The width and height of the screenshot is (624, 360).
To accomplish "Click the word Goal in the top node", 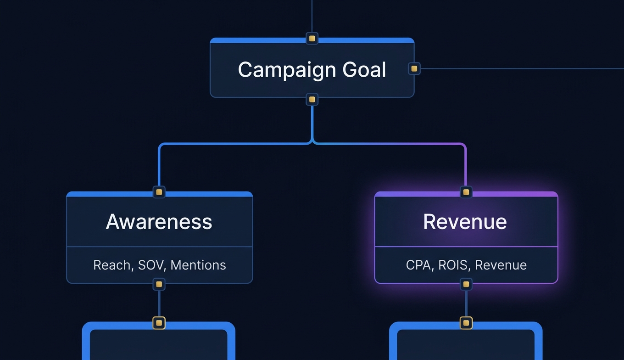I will click(364, 70).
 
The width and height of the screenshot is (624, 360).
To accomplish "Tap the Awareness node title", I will click(159, 222).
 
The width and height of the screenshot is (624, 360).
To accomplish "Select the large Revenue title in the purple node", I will click(465, 222).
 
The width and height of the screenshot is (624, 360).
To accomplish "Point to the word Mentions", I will click(198, 265).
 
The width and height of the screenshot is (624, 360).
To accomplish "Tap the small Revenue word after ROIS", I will click(501, 265).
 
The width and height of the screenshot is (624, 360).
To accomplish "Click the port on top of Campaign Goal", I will click(312, 39).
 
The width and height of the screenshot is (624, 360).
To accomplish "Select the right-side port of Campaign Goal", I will click(414, 69).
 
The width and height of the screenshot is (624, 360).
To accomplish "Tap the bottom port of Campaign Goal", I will click(312, 99).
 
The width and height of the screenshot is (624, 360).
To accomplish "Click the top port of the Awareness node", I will click(159, 192).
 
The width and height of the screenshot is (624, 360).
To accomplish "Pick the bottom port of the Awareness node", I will click(159, 284).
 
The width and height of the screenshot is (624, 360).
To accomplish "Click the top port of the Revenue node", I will click(466, 192).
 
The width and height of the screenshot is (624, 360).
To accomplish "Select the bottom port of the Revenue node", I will click(466, 284).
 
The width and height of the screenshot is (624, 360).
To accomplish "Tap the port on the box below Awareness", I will click(159, 323).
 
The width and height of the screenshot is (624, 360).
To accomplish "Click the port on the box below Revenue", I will click(466, 323).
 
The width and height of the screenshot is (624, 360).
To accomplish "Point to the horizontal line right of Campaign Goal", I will click(518, 69).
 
